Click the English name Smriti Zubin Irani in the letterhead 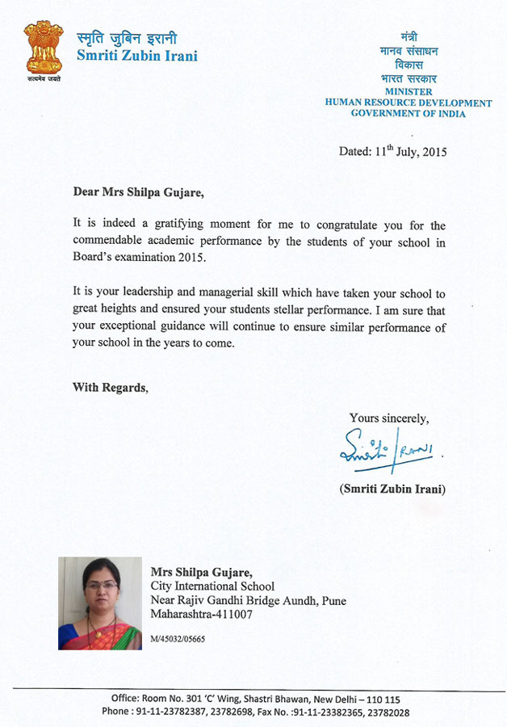136,57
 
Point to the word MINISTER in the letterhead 407,92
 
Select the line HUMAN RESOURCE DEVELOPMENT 408,103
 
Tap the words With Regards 110,388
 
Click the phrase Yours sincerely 389,418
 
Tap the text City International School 212,586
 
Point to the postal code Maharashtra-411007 202,615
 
